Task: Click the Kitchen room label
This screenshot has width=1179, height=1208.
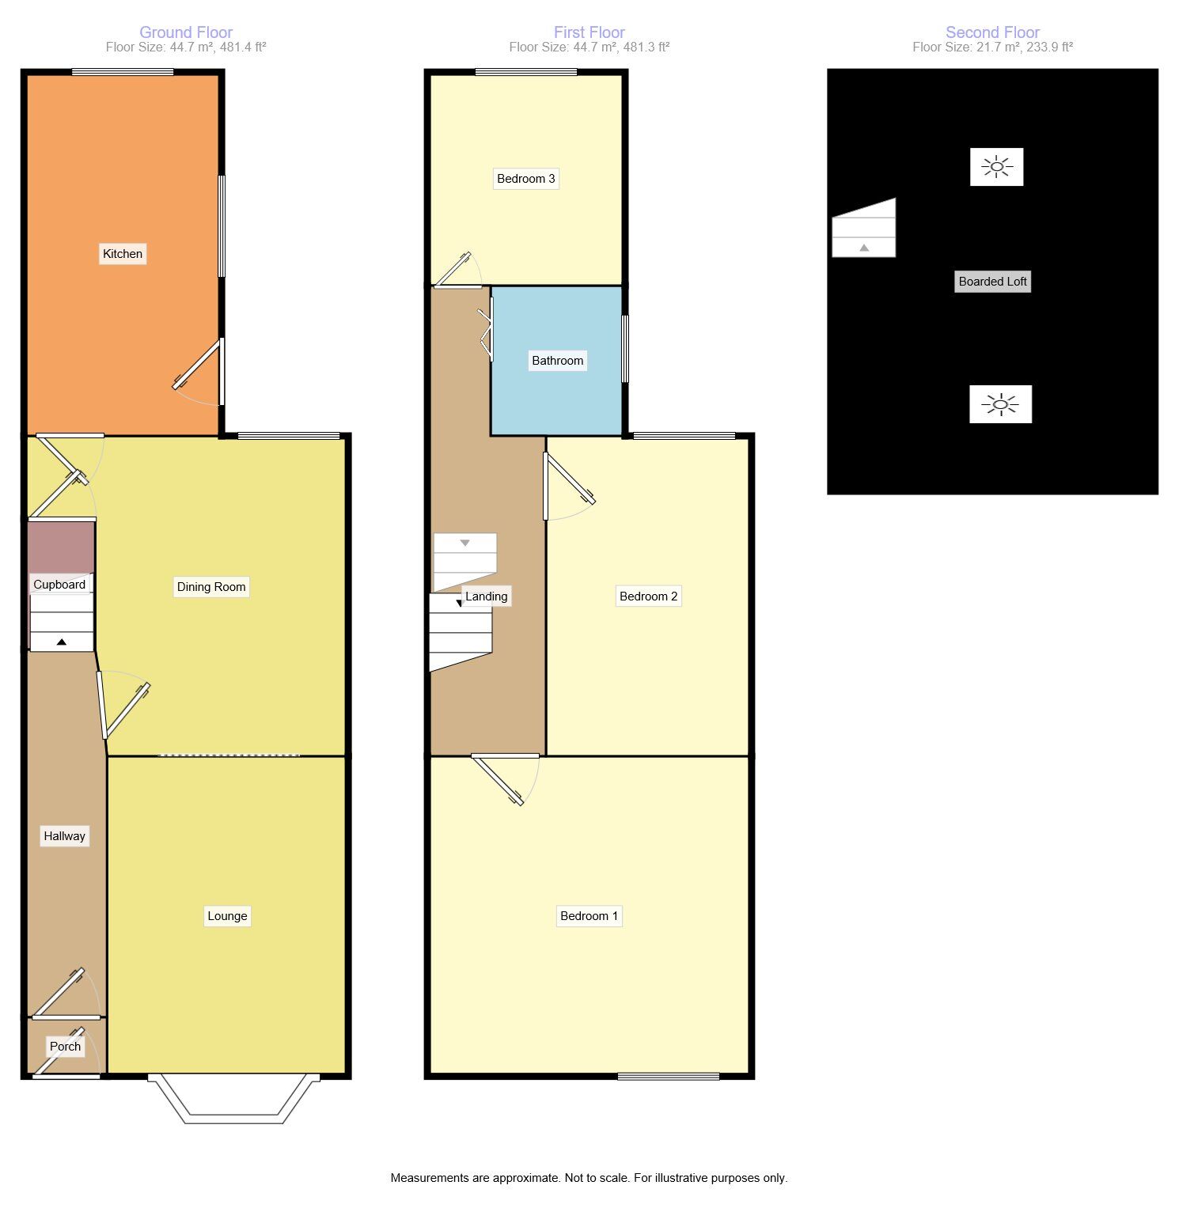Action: point(123,254)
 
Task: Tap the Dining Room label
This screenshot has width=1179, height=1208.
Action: point(211,587)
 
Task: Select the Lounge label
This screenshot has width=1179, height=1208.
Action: point(227,916)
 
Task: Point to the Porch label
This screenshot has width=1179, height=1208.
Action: point(65,1047)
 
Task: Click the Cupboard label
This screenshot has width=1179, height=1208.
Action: point(59,585)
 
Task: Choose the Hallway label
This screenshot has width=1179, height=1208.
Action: point(64,836)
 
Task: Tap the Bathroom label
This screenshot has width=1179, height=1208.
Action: point(557,361)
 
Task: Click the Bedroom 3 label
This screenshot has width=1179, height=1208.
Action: point(525,179)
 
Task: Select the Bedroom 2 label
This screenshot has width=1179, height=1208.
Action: point(648,596)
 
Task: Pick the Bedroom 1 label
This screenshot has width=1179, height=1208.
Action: point(589,916)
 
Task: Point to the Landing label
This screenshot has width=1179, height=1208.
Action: point(486,596)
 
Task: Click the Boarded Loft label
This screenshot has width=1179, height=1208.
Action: point(992,282)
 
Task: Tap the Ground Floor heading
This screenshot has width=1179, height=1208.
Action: point(186,32)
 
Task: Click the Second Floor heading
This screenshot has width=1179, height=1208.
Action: point(992,32)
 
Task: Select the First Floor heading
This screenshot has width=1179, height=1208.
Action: point(589,32)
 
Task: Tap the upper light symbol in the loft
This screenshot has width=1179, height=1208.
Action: point(996,167)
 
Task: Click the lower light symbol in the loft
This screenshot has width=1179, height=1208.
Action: point(1000,404)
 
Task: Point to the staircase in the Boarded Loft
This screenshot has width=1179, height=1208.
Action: point(863,230)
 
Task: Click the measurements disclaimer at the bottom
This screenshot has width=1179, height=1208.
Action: point(589,1178)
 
